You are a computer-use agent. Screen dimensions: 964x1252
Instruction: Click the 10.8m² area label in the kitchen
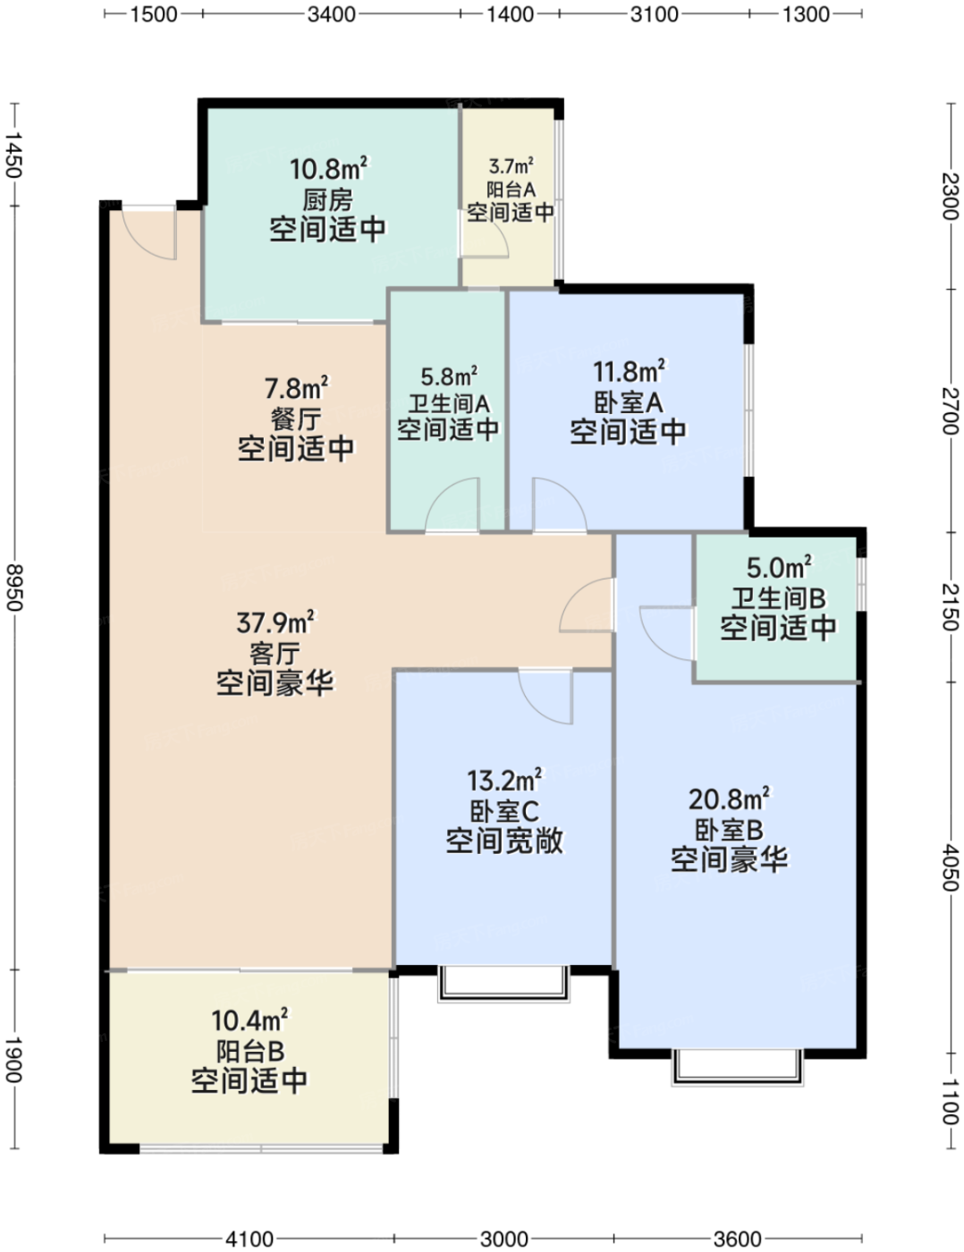pyautogui.click(x=329, y=169)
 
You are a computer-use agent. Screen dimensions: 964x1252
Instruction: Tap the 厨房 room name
pyautogui.click(x=327, y=200)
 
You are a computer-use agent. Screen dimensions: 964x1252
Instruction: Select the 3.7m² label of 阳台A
pyautogui.click(x=511, y=166)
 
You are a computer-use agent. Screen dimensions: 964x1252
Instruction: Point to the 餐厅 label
pyautogui.click(x=295, y=419)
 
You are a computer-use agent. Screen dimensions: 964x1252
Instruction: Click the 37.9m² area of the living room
pyautogui.click(x=275, y=622)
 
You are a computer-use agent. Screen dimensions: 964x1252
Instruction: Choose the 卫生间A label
pyautogui.click(x=449, y=403)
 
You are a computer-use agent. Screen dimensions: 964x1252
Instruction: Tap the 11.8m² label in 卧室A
pyautogui.click(x=629, y=372)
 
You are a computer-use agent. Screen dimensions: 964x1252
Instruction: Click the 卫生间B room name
pyautogui.click(x=778, y=598)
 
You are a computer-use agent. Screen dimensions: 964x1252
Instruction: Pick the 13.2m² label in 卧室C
pyautogui.click(x=503, y=781)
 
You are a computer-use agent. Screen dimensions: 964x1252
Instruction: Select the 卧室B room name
pyautogui.click(x=729, y=830)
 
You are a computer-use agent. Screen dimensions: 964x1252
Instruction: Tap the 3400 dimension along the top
pyautogui.click(x=331, y=13)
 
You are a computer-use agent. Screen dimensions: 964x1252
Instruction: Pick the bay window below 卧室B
pyautogui.click(x=737, y=1068)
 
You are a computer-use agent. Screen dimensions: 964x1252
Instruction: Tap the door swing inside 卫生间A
pyautogui.click(x=452, y=503)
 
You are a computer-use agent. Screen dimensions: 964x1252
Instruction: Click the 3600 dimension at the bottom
pyautogui.click(x=737, y=1234)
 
